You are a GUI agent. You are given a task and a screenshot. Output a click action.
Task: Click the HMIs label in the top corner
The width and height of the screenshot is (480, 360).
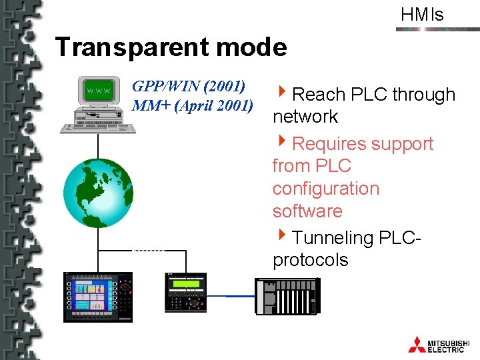coord(422,15)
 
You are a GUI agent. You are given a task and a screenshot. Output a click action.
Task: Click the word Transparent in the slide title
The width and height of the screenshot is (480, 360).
coord(123,47)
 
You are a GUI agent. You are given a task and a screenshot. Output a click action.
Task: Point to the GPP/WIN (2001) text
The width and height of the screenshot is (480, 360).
coord(189,86)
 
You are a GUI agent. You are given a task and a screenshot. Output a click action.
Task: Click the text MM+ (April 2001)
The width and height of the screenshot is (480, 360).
coord(193,105)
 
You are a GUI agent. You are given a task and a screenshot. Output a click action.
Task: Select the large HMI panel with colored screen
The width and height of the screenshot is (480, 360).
coord(98,296)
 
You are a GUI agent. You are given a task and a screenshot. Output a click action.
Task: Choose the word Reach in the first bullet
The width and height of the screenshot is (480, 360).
coord(317,95)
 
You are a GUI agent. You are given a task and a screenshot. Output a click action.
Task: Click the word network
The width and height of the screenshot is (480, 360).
coord(305,117)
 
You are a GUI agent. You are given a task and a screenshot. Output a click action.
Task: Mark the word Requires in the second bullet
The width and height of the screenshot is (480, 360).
coord(329,144)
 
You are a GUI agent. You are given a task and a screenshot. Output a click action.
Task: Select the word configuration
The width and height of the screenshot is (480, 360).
coord(325,189)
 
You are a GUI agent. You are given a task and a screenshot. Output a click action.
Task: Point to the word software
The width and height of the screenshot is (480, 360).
coord(307,211)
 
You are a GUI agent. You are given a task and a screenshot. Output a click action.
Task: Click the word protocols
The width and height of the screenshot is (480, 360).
coord(310,260)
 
